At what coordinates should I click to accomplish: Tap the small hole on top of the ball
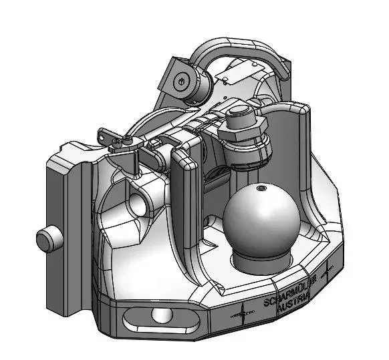[261, 188]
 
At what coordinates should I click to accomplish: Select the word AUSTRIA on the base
[293, 303]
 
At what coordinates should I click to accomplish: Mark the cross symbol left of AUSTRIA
[243, 315]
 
